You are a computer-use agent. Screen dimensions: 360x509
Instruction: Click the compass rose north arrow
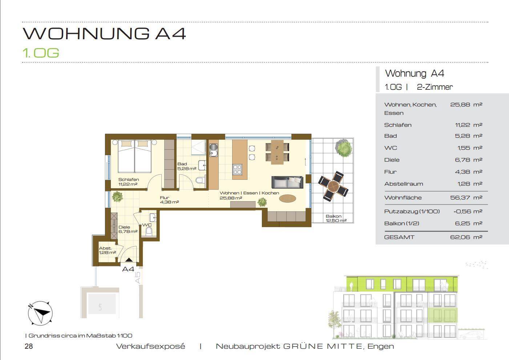(x=40, y=312)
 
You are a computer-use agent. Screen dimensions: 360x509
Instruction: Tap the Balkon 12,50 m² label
(x=336, y=218)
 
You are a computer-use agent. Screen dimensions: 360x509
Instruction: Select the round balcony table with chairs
(x=333, y=186)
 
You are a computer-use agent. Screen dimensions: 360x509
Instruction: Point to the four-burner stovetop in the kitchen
(x=237, y=170)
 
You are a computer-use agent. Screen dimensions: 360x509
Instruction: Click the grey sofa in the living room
(x=287, y=182)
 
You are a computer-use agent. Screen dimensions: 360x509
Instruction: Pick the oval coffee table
(x=287, y=198)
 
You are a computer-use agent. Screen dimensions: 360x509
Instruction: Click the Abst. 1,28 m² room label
(x=107, y=250)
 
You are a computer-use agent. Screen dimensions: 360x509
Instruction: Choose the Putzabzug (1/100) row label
(x=412, y=211)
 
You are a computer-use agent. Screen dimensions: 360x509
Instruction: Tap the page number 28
(x=29, y=346)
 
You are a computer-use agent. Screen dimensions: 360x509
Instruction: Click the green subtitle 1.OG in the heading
(x=41, y=53)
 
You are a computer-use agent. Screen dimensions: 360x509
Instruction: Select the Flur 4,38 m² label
(x=169, y=200)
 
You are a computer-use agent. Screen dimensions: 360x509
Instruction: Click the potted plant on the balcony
(x=344, y=147)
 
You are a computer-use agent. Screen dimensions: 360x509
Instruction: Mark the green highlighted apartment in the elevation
(x=442, y=315)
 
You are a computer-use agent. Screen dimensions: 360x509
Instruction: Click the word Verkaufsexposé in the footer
(x=150, y=346)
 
